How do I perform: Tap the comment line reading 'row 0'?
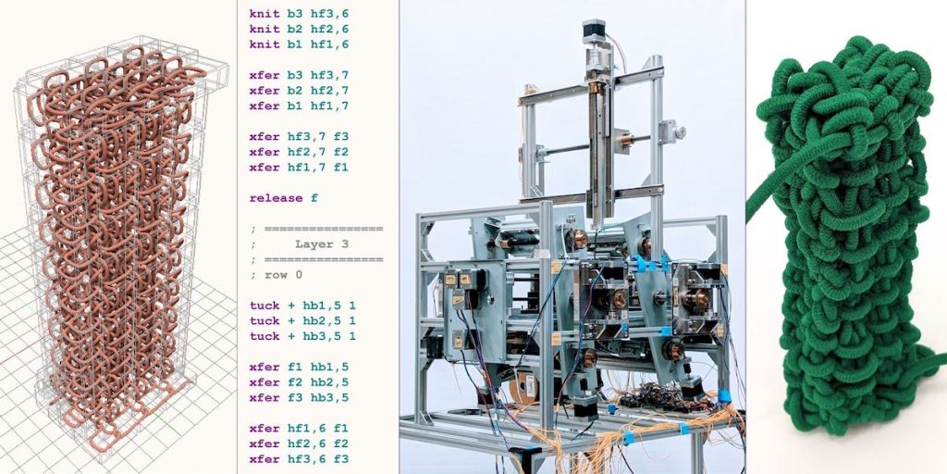(283, 275)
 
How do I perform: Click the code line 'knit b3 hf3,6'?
(299, 13)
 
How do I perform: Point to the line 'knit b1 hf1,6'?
(299, 44)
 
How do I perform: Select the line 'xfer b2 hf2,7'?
(299, 91)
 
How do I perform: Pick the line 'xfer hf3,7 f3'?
(299, 137)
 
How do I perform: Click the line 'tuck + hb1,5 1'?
(302, 306)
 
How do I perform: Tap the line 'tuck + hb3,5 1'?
(302, 336)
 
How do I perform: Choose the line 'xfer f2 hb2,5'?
(299, 382)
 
